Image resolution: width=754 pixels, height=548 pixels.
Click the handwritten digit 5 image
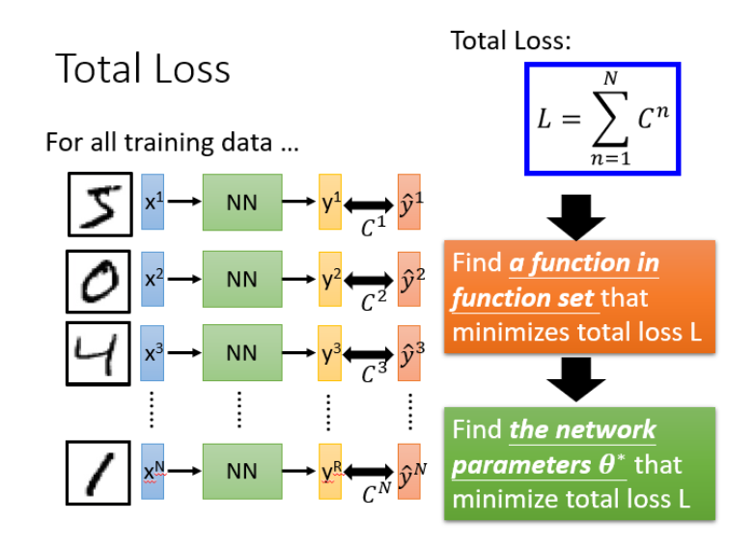[x=99, y=205]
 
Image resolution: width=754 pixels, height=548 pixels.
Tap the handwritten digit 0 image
[x=99, y=280]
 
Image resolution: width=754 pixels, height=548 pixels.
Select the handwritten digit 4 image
[x=99, y=353]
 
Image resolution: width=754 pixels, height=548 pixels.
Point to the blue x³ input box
[x=154, y=353]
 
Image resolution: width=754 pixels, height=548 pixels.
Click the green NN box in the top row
[x=241, y=204]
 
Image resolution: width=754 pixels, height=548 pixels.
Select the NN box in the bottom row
[x=241, y=472]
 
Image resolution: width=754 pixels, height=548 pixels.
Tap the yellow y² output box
[x=330, y=280]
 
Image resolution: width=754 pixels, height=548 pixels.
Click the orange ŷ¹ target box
[x=408, y=204]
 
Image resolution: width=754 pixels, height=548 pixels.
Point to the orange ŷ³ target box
[x=408, y=353]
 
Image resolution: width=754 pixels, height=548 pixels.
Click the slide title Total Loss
[x=143, y=69]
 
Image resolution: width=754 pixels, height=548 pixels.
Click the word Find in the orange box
[x=476, y=263]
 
